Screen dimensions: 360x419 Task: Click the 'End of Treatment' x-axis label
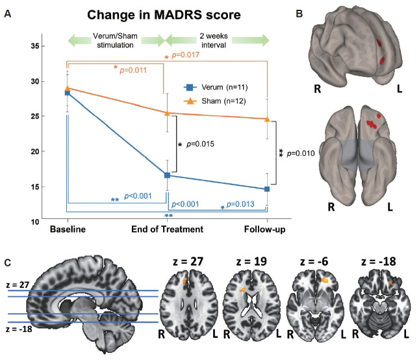(168, 230)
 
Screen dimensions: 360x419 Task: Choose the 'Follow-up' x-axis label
(268, 230)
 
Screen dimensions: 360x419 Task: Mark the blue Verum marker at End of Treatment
(168, 175)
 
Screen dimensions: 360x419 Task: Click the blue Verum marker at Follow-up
(268, 189)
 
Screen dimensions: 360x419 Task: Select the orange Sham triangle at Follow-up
(268, 119)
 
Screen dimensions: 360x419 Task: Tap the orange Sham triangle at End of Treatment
(168, 112)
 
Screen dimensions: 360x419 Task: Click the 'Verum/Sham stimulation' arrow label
(116, 40)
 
